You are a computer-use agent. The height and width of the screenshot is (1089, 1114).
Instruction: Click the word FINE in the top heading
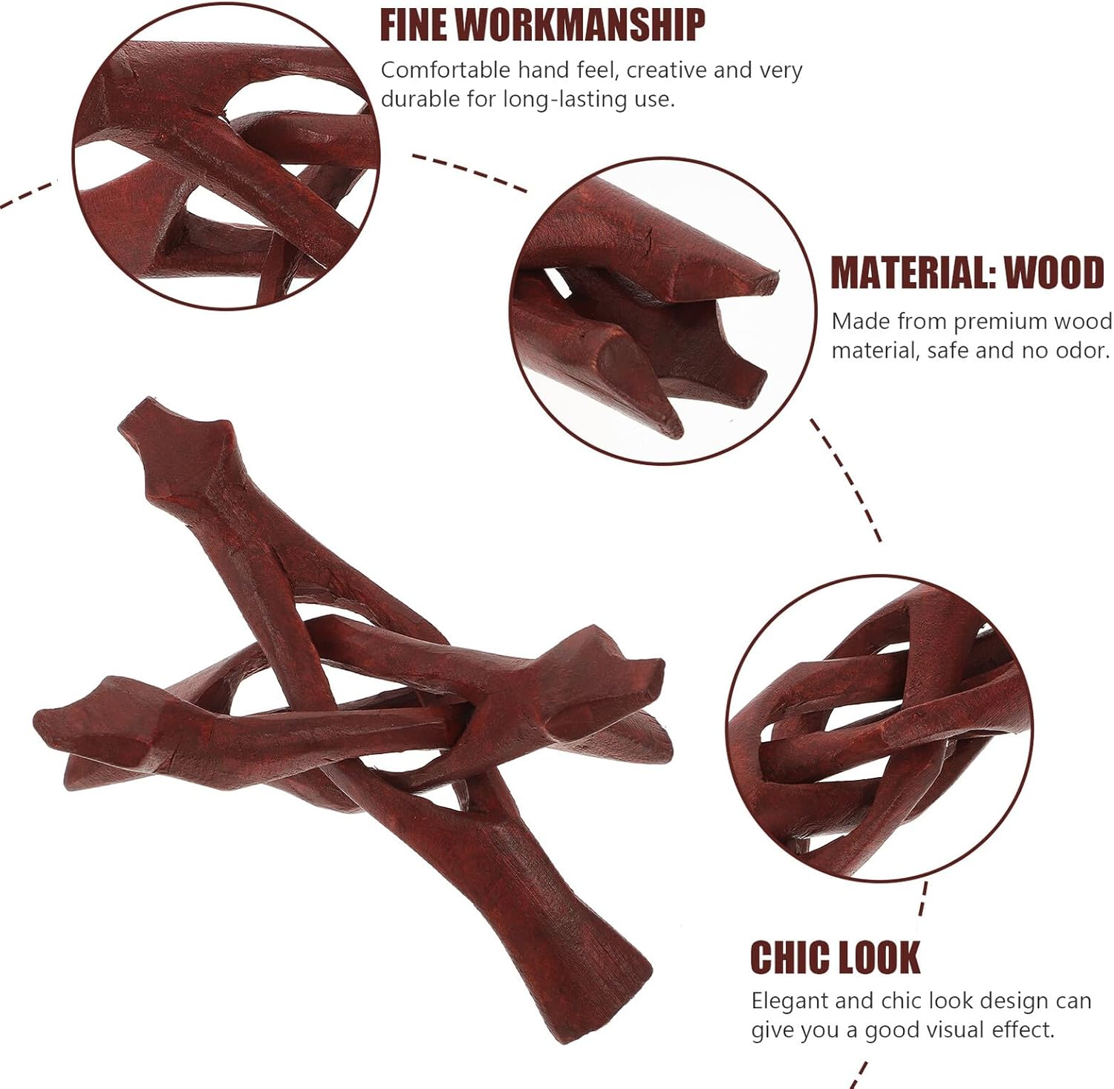(412, 25)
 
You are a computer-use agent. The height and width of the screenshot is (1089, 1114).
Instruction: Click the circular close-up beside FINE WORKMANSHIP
(227, 156)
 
